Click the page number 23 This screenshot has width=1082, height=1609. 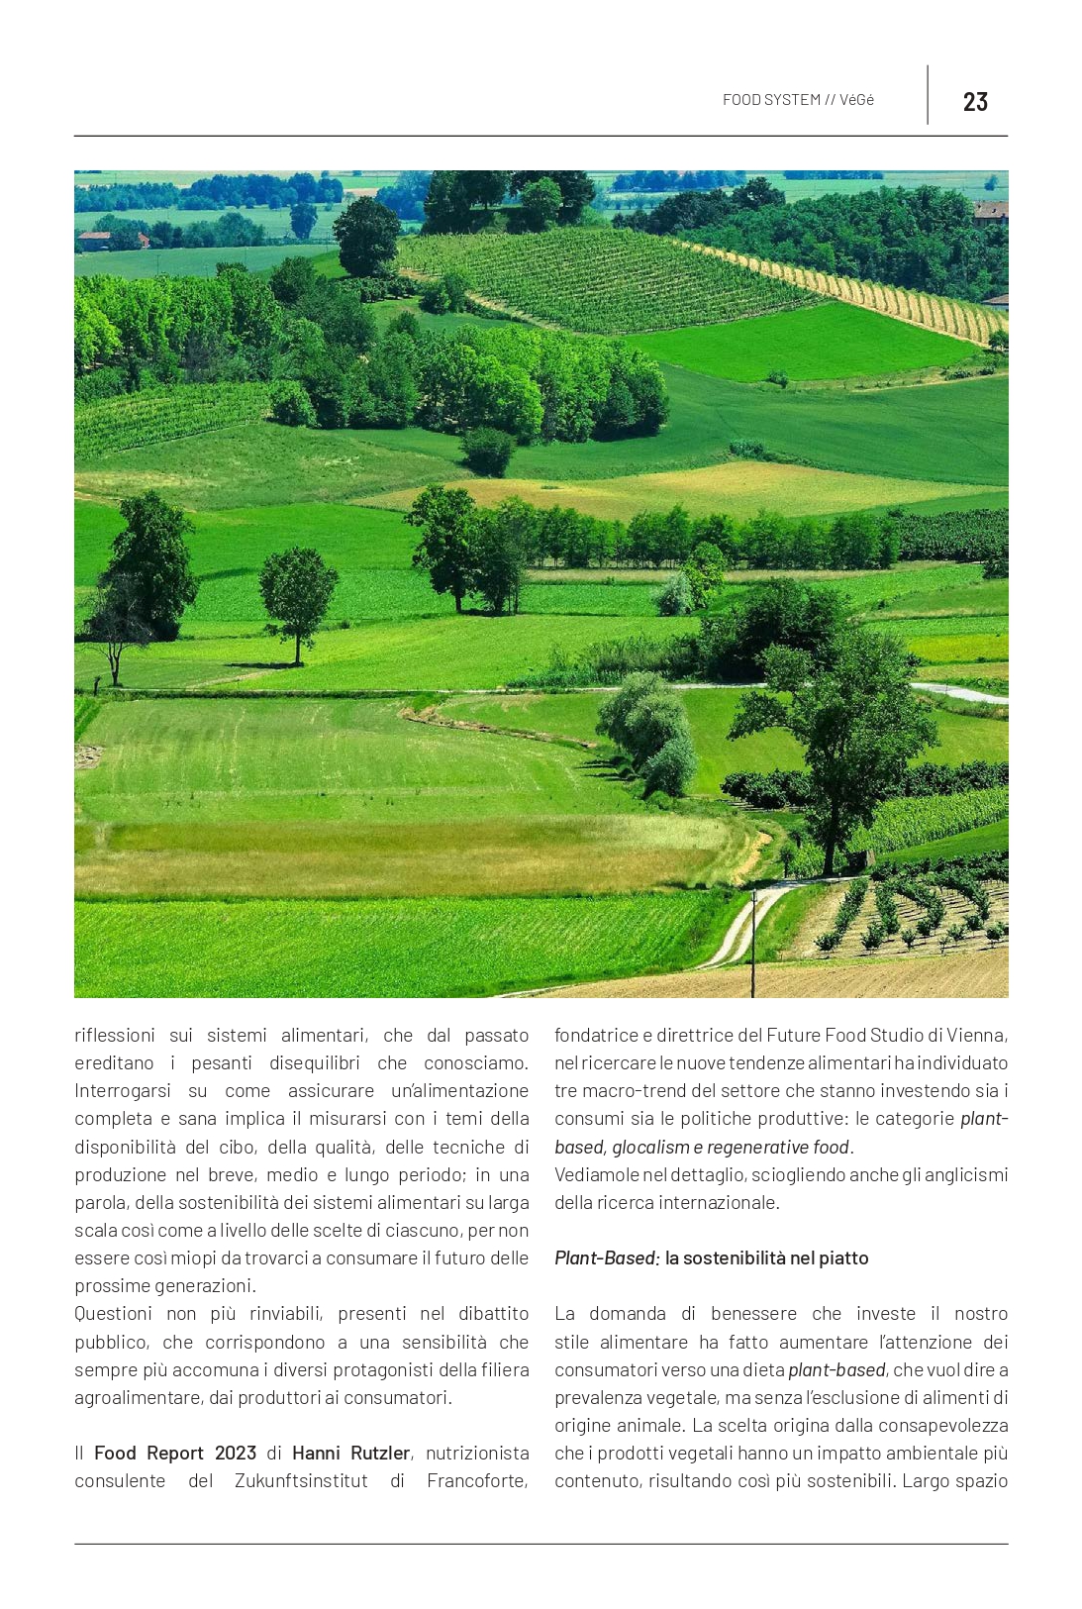pyautogui.click(x=974, y=101)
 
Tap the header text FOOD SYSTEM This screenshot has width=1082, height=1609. pyautogui.click(x=771, y=100)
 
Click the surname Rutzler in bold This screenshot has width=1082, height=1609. pyautogui.click(x=379, y=1453)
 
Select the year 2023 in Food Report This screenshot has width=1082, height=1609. pyautogui.click(x=236, y=1453)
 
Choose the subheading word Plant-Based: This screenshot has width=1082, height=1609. pyautogui.click(x=606, y=1258)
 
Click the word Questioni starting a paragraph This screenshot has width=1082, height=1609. pyautogui.click(x=114, y=1314)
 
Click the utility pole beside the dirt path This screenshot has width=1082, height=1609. pyautogui.click(x=753, y=941)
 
